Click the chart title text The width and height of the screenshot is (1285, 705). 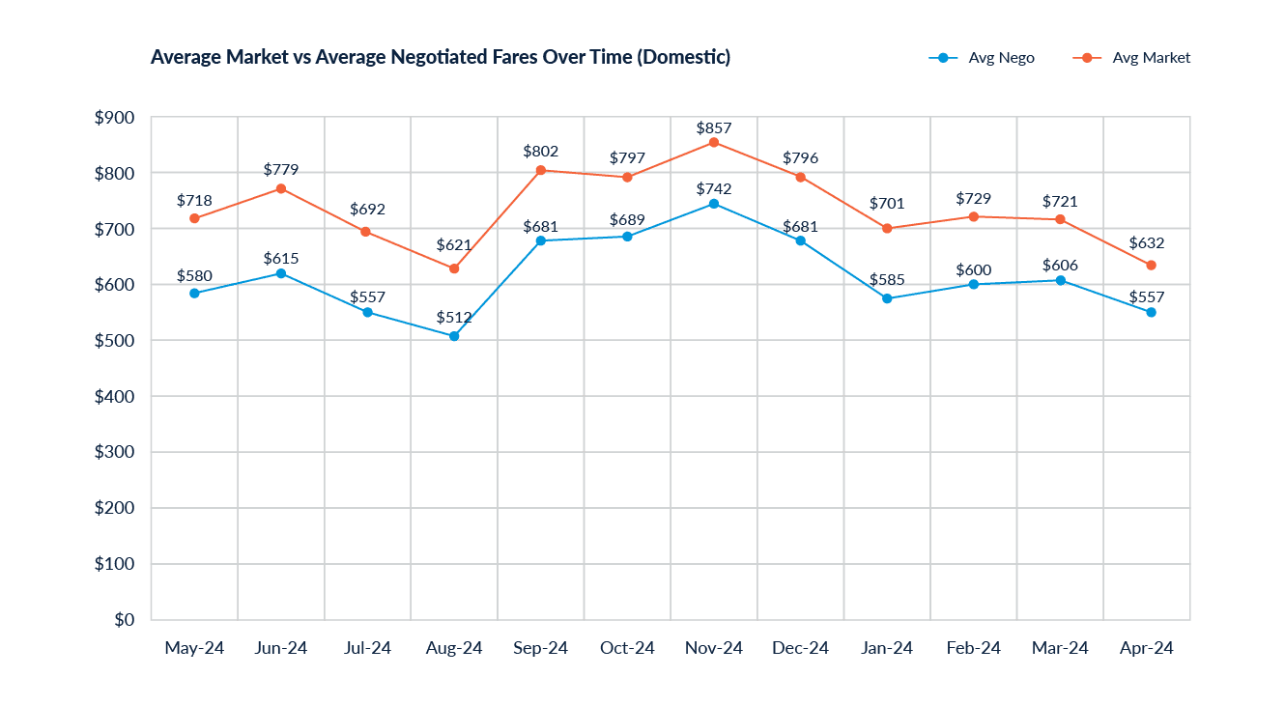(441, 58)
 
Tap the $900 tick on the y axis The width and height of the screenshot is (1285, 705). (114, 118)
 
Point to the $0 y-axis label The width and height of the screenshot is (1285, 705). (124, 620)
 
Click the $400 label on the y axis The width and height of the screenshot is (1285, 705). (114, 397)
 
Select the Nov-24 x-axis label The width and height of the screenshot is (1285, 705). (713, 648)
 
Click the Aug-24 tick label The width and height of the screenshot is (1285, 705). (454, 648)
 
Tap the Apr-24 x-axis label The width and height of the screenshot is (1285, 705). (1146, 648)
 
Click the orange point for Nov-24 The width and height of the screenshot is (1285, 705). (713, 142)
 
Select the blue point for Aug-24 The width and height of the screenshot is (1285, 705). (454, 336)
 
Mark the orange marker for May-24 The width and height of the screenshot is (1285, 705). (194, 219)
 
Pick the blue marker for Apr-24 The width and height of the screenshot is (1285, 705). (1151, 312)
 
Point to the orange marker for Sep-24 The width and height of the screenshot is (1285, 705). (541, 171)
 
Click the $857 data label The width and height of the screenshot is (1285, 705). (714, 127)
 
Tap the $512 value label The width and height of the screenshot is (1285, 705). (454, 317)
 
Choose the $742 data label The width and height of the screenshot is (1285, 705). (714, 188)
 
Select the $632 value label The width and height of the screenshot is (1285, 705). (1147, 243)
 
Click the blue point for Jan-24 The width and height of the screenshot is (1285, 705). (887, 298)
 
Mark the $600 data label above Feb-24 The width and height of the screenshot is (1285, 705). (973, 269)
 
